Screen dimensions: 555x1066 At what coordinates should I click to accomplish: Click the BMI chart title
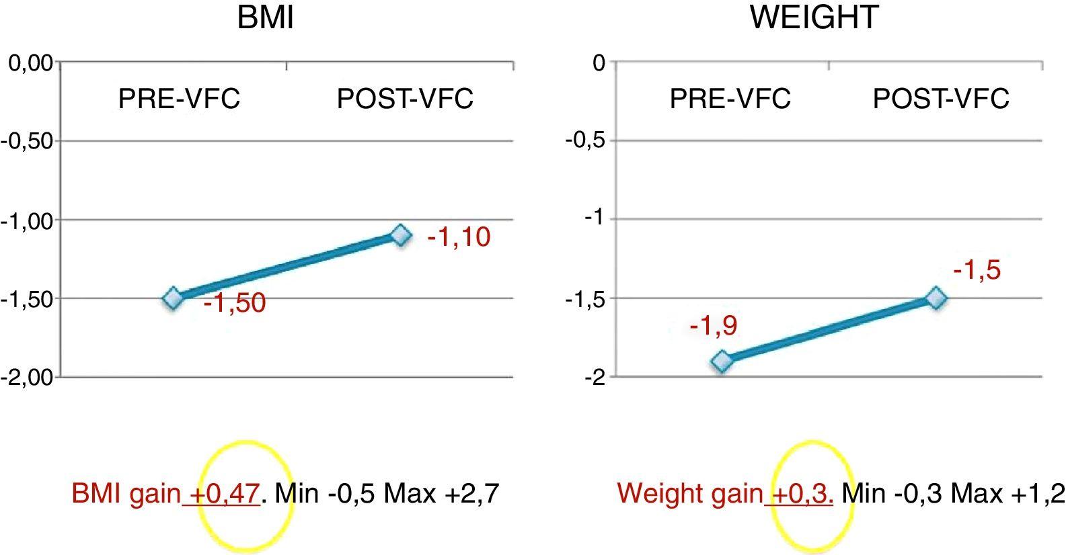click(265, 17)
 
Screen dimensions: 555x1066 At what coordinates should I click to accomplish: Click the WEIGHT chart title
click(814, 17)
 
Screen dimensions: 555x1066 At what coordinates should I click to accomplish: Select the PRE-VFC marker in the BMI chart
click(173, 298)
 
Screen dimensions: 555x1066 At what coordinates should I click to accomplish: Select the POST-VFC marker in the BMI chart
click(400, 235)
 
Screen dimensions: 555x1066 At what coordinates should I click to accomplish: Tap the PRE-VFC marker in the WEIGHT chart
click(722, 361)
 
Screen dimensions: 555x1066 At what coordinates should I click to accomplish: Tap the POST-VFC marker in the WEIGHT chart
click(936, 298)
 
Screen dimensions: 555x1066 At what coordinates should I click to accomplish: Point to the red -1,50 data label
click(234, 303)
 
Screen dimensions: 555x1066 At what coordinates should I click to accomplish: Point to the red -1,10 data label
click(459, 237)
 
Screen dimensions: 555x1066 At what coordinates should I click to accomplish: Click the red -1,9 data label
click(713, 326)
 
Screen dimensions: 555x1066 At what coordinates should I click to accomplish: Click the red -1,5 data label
click(977, 270)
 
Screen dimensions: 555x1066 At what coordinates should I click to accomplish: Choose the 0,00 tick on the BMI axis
click(30, 63)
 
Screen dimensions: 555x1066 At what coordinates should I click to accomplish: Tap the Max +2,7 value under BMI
click(441, 495)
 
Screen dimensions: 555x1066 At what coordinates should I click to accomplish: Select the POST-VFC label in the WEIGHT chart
click(941, 99)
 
